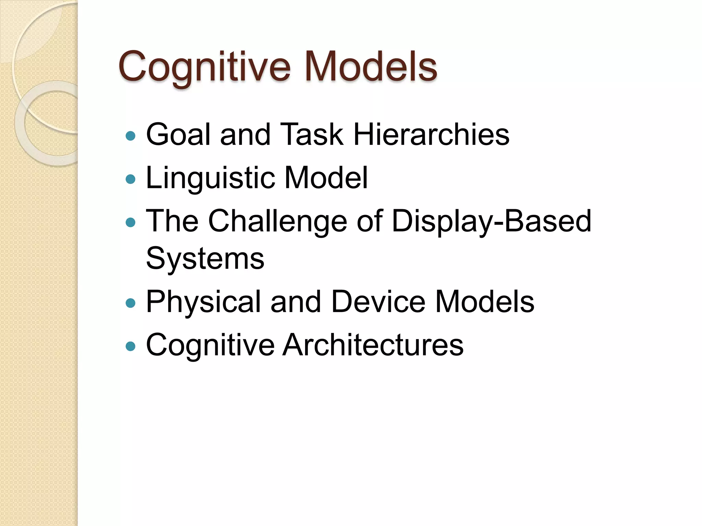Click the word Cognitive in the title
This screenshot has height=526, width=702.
click(204, 66)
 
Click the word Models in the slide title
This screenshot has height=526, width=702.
click(371, 66)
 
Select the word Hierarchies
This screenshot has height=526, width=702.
click(431, 135)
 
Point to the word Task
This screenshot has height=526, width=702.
click(312, 135)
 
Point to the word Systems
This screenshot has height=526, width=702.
click(205, 259)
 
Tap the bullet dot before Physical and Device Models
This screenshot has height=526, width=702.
click(131, 303)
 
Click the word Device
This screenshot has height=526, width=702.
click(378, 302)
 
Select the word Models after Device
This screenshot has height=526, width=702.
click(485, 302)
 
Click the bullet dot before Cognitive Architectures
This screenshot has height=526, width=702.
click(131, 346)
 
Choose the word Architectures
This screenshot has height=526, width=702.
click(373, 345)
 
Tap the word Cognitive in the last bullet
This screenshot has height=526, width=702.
click(210, 345)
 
